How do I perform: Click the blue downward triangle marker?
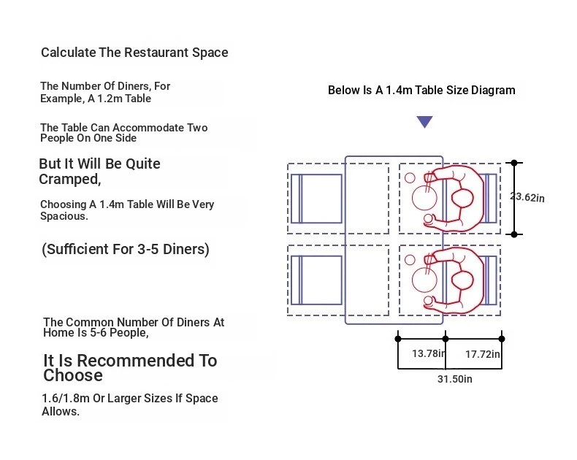pyautogui.click(x=424, y=122)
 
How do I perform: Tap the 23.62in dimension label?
pyautogui.click(x=527, y=197)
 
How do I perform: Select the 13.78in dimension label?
pyautogui.click(x=429, y=353)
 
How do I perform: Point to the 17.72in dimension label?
pyautogui.click(x=483, y=354)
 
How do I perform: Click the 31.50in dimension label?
pyautogui.click(x=455, y=379)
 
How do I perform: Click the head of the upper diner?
pyautogui.click(x=462, y=199)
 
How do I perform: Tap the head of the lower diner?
pyautogui.click(x=462, y=280)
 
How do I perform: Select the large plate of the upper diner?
pyautogui.click(x=424, y=198)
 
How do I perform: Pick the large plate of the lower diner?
pyautogui.click(x=424, y=280)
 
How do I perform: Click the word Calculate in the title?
pyautogui.click(x=69, y=53)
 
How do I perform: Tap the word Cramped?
pyautogui.click(x=69, y=180)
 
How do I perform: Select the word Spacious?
pyautogui.click(x=64, y=216)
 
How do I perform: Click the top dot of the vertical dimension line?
pyautogui.click(x=514, y=163)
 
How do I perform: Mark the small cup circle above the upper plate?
pyautogui.click(x=410, y=178)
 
